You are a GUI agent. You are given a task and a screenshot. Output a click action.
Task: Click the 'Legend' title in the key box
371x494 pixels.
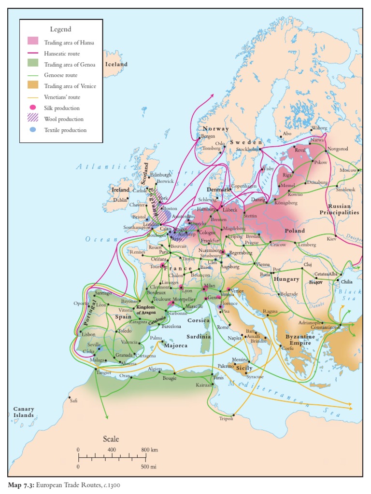coord(60,29)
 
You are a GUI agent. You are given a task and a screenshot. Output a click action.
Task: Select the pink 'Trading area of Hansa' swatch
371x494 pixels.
coord(33,42)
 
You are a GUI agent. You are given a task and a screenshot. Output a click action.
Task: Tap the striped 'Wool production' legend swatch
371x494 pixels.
coord(33,119)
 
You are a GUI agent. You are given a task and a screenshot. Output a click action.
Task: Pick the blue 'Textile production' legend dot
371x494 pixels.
coord(33,130)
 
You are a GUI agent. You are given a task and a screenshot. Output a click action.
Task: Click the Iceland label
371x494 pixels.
coord(116,64)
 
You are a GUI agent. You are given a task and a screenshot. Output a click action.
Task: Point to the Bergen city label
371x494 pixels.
coord(208,136)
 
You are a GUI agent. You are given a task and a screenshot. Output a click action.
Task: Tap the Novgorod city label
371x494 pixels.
coord(338,149)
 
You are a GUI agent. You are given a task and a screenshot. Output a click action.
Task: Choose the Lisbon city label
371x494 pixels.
coord(88,334)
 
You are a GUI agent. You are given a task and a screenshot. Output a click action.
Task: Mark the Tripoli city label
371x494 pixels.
coord(226,418)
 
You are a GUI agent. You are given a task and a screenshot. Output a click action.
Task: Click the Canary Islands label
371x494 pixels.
coord(23,412)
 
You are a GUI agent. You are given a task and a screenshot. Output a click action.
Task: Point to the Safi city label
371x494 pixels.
coord(73,400)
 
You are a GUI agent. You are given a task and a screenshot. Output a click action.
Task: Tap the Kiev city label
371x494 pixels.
coord(331,239)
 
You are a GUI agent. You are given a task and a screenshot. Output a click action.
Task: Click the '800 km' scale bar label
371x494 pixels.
coord(150,450)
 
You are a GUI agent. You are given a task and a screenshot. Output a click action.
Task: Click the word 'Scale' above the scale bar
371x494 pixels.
coord(111,439)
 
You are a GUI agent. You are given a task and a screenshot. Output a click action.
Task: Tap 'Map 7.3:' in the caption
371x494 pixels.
coord(21,485)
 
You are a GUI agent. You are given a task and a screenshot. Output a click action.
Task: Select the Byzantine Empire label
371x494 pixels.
coord(300,340)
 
